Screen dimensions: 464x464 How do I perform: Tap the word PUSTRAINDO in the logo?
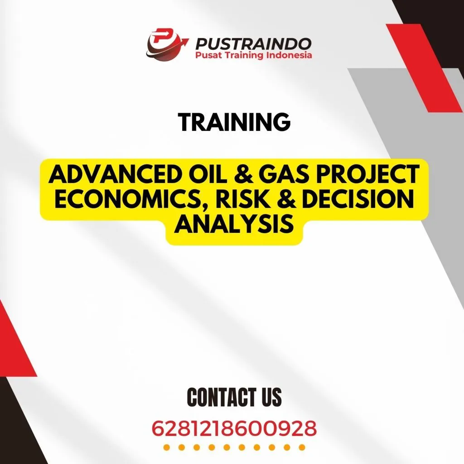click(253, 43)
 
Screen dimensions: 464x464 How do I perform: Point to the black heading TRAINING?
click(234, 122)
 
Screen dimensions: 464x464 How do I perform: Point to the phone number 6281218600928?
click(234, 428)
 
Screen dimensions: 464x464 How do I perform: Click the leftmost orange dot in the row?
click(166, 448)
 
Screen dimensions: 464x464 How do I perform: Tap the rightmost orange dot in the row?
click(302, 448)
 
